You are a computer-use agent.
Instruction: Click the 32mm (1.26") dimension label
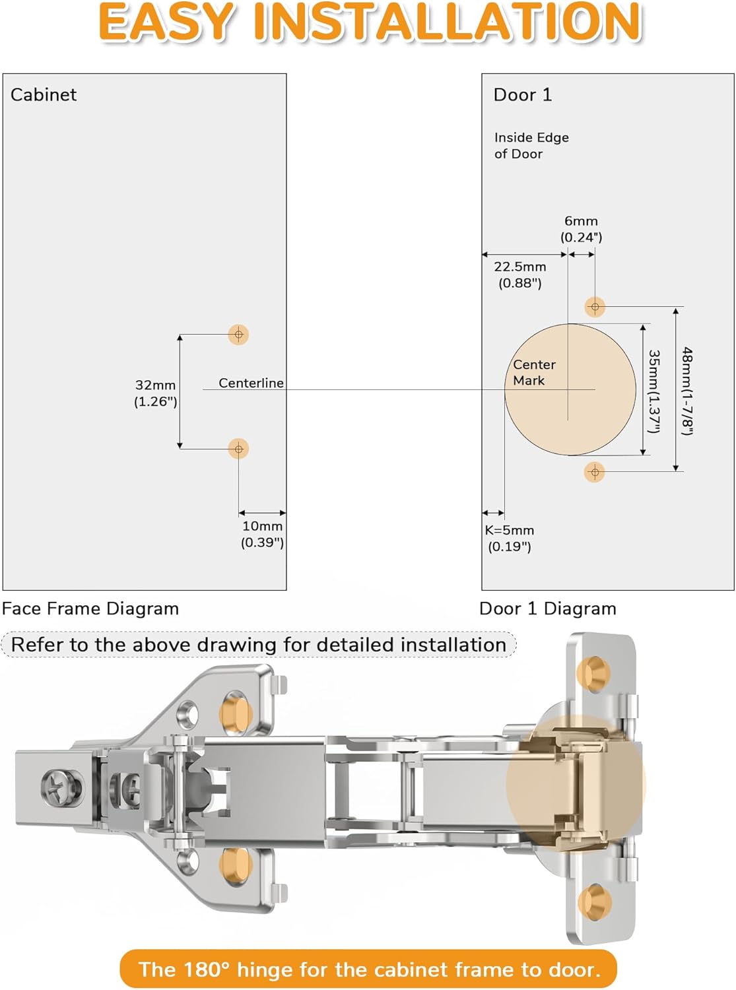point(156,393)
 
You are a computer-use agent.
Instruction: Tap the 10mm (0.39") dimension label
point(262,534)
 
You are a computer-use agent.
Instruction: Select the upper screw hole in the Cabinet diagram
point(238,335)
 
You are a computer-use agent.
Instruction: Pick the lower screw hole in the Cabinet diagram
point(238,449)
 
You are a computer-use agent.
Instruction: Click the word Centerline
point(251,383)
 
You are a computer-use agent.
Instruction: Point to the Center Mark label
point(533,372)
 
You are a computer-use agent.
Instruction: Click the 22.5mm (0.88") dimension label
point(520,275)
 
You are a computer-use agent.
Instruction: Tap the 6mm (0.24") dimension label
point(581,229)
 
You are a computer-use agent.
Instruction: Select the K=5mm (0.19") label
point(509,538)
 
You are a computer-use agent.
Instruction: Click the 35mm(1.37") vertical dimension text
point(653,391)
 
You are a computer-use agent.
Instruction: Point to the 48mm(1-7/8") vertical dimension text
point(687,391)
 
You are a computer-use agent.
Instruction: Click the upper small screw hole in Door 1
point(595,307)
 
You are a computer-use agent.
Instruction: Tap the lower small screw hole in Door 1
point(595,472)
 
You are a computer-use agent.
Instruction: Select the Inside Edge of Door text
point(531,145)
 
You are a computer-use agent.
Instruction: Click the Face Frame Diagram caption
point(90,609)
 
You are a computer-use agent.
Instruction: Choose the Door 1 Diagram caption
point(547,609)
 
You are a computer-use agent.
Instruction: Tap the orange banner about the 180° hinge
point(368,969)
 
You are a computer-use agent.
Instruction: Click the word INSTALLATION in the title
point(447,22)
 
